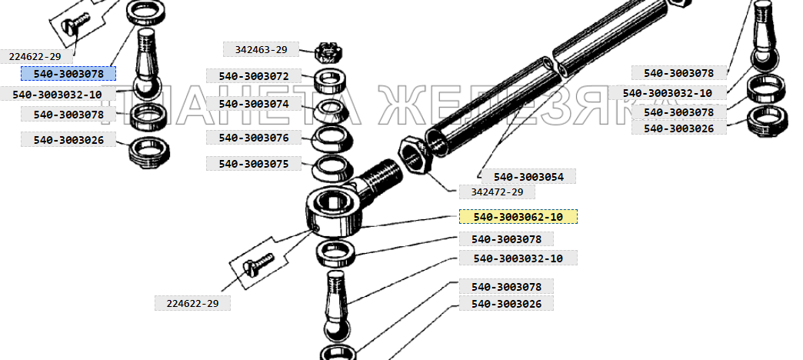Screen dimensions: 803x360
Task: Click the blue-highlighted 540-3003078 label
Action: coord(68,74)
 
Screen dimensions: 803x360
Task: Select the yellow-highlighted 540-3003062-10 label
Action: coord(518,217)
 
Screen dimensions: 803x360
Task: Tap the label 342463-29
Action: coord(261,50)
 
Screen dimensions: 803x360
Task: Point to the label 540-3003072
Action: coord(254,76)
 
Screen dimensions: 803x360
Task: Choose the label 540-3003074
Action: coord(254,104)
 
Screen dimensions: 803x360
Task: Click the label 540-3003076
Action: coord(254,137)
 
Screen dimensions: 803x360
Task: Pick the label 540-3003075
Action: coord(254,164)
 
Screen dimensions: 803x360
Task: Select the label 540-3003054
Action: coord(528,177)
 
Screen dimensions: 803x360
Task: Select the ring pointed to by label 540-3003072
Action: coord(332,81)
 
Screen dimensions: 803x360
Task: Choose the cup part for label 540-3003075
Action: coord(332,169)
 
